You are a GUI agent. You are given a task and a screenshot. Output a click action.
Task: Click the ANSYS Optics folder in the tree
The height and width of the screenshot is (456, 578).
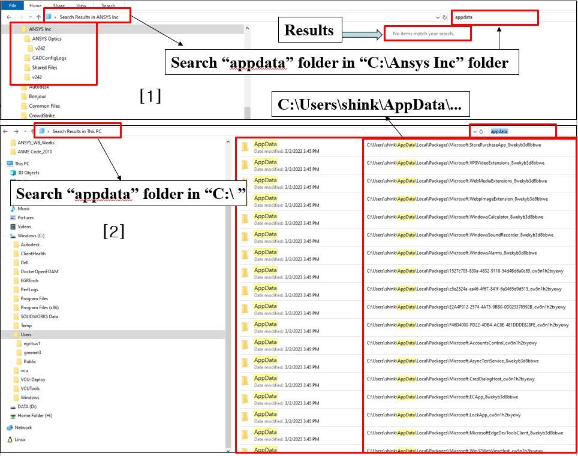(x=46, y=39)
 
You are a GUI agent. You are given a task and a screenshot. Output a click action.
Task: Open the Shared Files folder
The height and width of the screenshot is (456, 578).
(x=44, y=68)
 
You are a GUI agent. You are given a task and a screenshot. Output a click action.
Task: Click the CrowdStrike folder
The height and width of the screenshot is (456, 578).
(x=41, y=116)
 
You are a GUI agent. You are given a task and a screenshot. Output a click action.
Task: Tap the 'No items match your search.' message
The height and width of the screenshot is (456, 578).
(x=423, y=34)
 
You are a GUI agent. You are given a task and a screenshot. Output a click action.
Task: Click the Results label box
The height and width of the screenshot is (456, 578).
(x=309, y=31)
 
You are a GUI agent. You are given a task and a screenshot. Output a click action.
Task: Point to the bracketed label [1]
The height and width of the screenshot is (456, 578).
(x=150, y=96)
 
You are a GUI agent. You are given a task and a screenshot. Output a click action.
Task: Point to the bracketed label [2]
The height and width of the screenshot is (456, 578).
(x=114, y=231)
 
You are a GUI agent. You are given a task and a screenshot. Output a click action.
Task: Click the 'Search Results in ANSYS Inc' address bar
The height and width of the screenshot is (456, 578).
(x=93, y=17)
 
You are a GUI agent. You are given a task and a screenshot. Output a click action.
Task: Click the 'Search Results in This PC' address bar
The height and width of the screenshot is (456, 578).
(x=85, y=131)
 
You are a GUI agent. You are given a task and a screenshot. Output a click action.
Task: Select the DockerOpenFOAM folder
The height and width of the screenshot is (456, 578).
(x=40, y=271)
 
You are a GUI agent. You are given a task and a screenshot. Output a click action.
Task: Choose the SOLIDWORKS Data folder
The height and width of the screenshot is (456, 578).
(x=39, y=316)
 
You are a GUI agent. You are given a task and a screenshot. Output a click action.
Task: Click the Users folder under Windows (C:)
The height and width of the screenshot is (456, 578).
(x=26, y=334)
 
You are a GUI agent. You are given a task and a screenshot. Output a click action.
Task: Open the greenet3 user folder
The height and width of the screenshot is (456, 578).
(x=32, y=352)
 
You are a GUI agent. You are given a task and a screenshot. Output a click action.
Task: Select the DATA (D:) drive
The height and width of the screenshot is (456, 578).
(x=27, y=406)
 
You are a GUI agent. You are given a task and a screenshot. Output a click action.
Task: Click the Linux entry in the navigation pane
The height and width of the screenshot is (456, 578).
(x=20, y=439)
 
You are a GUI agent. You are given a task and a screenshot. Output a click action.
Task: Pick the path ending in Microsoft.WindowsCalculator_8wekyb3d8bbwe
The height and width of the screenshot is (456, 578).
(x=454, y=217)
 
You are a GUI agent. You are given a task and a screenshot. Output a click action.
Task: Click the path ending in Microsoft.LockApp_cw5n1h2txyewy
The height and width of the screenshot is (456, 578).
(x=444, y=415)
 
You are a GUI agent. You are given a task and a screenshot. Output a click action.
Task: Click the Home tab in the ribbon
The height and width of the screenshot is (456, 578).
(x=35, y=5)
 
